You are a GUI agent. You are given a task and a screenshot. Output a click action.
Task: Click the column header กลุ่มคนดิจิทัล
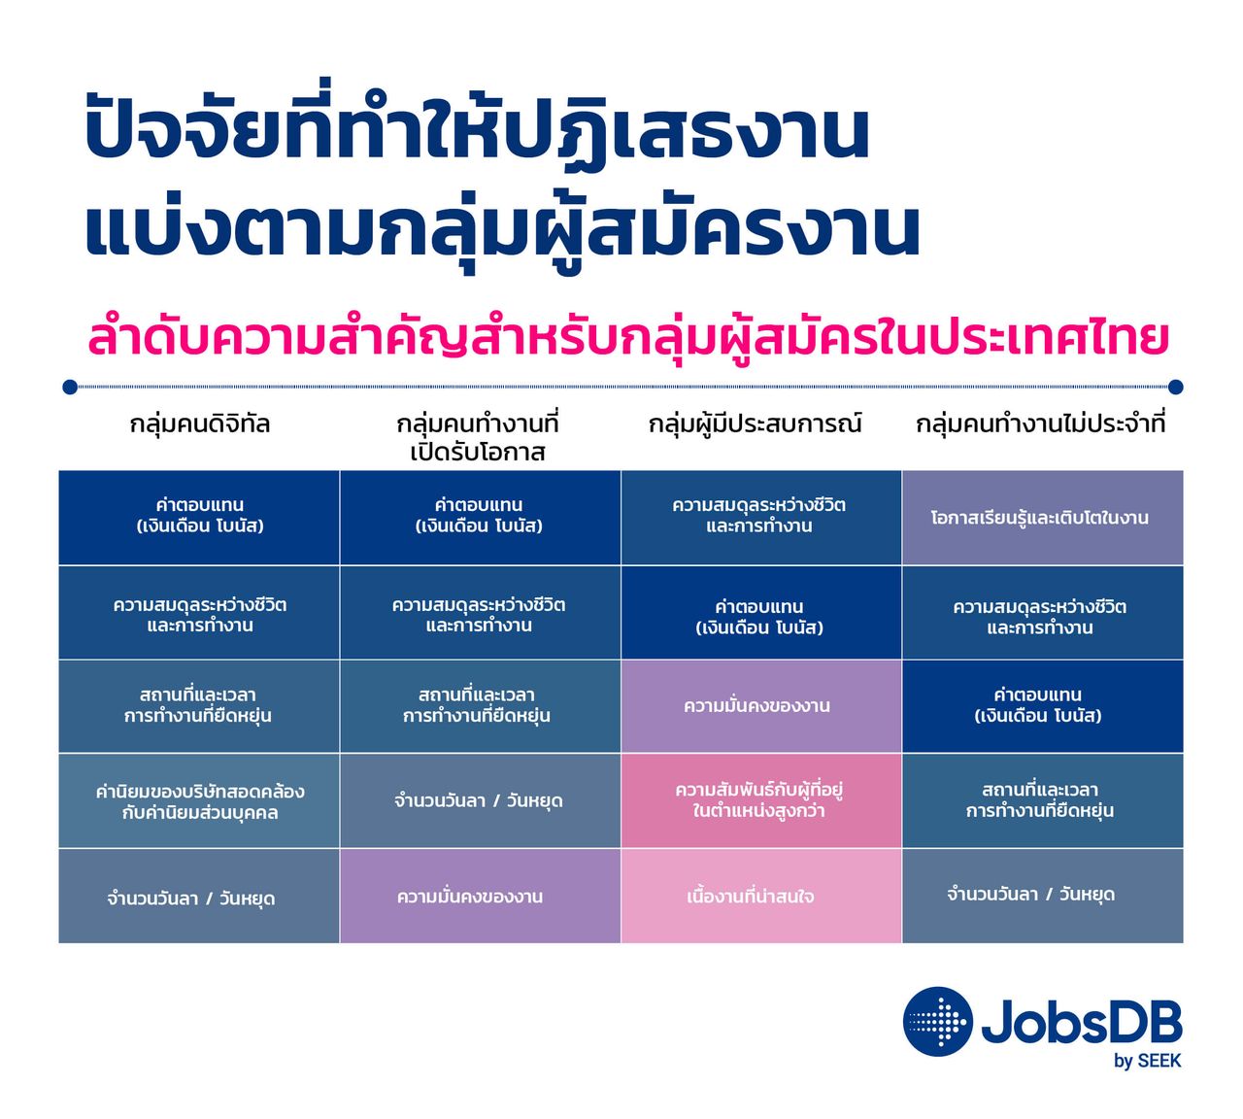[x=199, y=424]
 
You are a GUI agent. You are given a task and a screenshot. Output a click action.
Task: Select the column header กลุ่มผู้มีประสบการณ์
[x=755, y=424]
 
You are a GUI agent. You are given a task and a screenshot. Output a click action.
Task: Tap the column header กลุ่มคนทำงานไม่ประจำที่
[x=1040, y=424]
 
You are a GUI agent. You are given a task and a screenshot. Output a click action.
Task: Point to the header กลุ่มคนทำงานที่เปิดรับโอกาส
[x=477, y=437]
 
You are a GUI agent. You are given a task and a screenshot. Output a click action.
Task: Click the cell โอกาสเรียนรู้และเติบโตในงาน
[x=1042, y=518]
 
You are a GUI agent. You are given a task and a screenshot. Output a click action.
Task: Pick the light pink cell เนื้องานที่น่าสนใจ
[x=761, y=896]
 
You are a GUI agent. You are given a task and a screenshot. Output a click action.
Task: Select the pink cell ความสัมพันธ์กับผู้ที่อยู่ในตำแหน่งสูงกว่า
[x=761, y=800]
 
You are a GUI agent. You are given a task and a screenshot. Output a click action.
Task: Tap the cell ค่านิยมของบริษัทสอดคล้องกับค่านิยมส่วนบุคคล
[x=199, y=800]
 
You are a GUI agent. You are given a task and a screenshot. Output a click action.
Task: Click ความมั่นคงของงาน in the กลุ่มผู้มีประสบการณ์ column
[x=761, y=705]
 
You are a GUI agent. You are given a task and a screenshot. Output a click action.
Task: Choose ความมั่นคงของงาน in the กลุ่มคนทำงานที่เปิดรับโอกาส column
[x=481, y=896]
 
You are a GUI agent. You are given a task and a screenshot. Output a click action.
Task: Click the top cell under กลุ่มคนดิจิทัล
[x=199, y=518]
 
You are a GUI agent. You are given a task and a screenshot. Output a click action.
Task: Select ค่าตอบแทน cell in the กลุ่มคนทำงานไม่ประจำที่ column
[x=1042, y=705]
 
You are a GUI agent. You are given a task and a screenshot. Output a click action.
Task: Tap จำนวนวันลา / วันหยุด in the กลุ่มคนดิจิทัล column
[x=199, y=896]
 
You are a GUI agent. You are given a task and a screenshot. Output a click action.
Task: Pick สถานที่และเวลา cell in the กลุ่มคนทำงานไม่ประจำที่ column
[x=1042, y=800]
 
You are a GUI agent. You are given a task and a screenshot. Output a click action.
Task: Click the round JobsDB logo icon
[x=937, y=1022]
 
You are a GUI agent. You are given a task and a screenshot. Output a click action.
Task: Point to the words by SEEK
[x=1148, y=1061]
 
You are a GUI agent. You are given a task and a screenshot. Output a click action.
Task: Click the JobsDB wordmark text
[x=1082, y=1021]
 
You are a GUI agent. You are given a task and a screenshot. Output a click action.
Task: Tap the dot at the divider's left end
[x=70, y=388]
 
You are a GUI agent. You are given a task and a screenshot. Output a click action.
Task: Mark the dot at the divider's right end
[x=1175, y=388]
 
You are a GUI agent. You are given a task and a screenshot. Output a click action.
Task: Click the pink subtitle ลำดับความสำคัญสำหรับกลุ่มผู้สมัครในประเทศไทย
[x=628, y=338]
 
